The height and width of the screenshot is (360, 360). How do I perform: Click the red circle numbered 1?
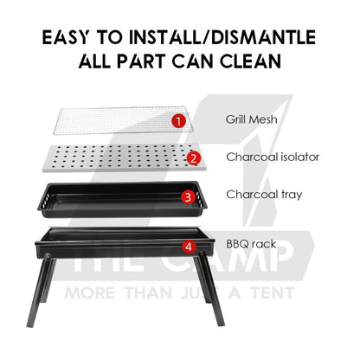(x=179, y=121)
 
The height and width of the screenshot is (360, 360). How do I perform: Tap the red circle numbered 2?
(x=194, y=158)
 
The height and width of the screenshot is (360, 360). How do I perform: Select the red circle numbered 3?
(x=189, y=197)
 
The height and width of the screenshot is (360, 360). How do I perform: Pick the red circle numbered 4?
(x=189, y=247)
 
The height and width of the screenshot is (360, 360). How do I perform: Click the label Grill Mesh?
(x=251, y=119)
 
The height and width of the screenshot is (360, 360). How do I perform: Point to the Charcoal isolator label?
(x=273, y=157)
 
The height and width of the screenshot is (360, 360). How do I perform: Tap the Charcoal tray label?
(x=264, y=195)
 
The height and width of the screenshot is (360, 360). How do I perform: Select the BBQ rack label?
(x=251, y=244)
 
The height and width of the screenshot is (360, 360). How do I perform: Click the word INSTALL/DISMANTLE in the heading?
(x=222, y=37)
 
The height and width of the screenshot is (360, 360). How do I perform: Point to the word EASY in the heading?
(x=66, y=37)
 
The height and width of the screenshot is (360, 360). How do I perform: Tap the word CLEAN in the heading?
(x=250, y=61)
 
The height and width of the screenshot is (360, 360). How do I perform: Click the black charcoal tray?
(x=122, y=200)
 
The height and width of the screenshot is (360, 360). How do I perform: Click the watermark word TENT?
(x=273, y=293)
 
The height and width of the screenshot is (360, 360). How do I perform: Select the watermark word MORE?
(x=90, y=293)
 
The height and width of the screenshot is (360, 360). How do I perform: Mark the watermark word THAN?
(x=148, y=293)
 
